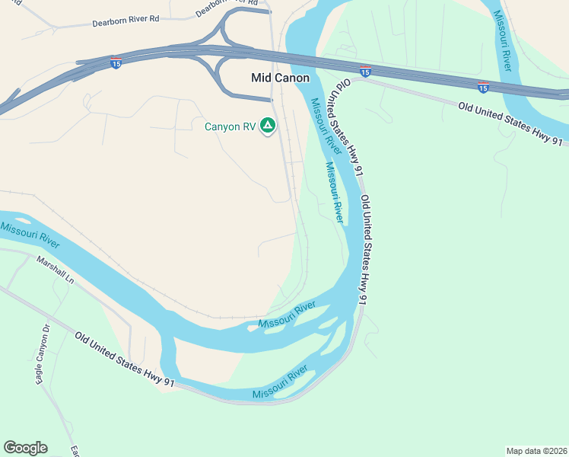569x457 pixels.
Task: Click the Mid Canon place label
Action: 281,78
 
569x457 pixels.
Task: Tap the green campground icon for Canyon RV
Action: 267,125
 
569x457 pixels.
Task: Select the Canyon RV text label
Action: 229,126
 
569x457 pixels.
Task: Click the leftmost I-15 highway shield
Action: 116,63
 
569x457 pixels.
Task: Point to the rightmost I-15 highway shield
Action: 483,87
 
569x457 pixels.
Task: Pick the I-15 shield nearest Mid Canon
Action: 365,72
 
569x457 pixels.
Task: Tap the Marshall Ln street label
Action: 56,270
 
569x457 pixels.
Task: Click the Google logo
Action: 25,448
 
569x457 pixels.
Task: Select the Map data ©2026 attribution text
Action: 536,450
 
